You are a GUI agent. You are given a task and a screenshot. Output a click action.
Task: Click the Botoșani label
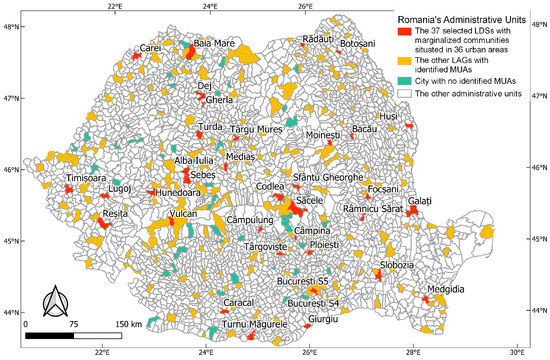(x=357, y=44)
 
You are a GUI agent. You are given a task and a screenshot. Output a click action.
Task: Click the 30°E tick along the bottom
(x=516, y=351)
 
